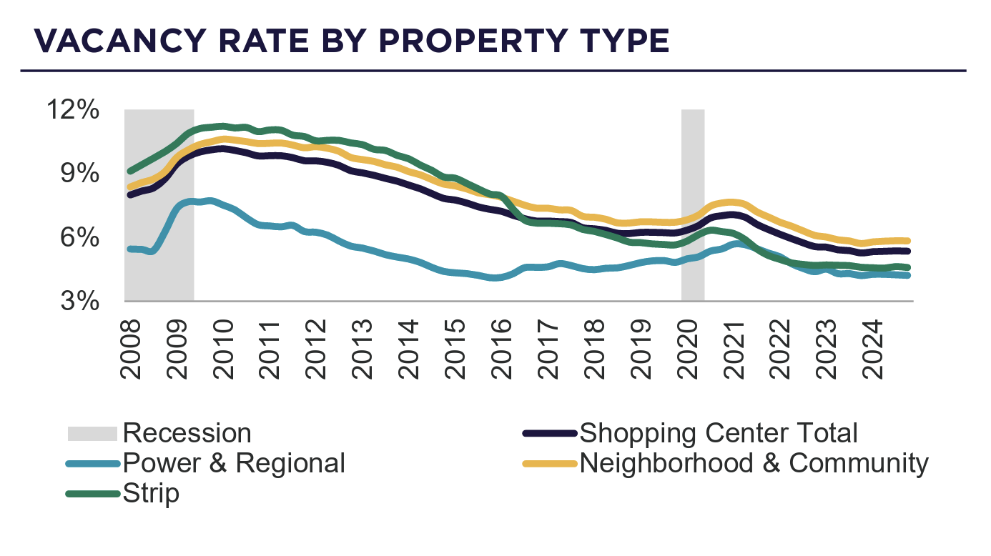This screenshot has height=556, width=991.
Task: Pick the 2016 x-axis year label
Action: pos(501,348)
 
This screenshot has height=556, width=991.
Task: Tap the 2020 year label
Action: pos(686,348)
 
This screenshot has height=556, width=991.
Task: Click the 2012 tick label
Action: pos(315,348)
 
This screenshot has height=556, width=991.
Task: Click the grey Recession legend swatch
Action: pos(92,434)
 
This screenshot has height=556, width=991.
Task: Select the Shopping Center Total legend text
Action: pos(718,433)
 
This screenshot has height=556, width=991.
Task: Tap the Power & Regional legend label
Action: pos(234,463)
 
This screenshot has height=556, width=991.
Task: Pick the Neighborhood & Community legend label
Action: pos(754,463)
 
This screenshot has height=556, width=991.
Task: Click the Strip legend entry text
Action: pos(151,494)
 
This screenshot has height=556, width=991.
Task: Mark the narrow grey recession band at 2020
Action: pos(692,205)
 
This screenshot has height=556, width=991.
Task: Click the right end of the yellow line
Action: pos(907,241)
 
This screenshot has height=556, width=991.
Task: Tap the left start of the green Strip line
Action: pos(129,172)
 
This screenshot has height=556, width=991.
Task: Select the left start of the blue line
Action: pos(129,249)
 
